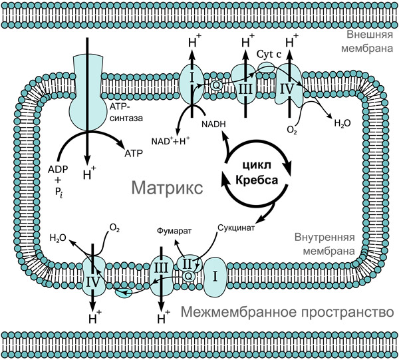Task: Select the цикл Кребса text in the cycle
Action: [x=257, y=174]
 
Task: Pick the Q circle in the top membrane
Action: [x=215, y=85]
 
